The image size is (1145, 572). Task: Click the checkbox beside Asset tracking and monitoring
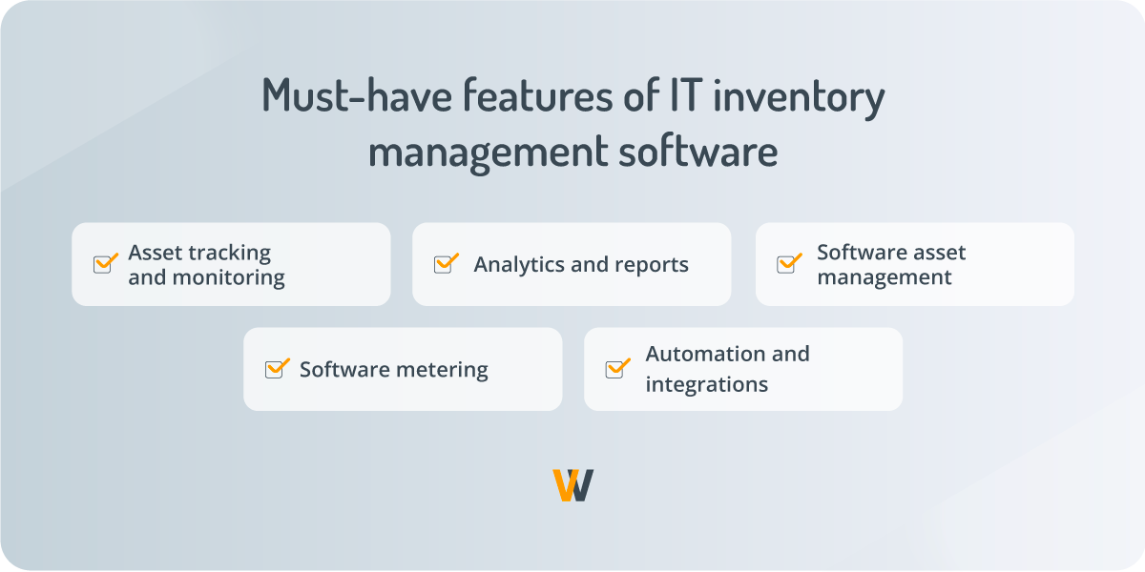tap(104, 264)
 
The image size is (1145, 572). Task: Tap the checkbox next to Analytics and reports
tap(445, 264)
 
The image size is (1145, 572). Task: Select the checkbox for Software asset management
tap(787, 264)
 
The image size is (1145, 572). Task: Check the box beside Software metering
tap(275, 369)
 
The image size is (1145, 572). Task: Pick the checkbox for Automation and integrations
tap(616, 369)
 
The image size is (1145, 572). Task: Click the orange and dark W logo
tap(572, 485)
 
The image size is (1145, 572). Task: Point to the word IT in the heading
tap(668, 97)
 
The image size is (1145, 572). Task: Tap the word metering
tap(440, 370)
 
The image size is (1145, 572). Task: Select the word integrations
tap(706, 385)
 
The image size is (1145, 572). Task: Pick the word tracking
tap(229, 253)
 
